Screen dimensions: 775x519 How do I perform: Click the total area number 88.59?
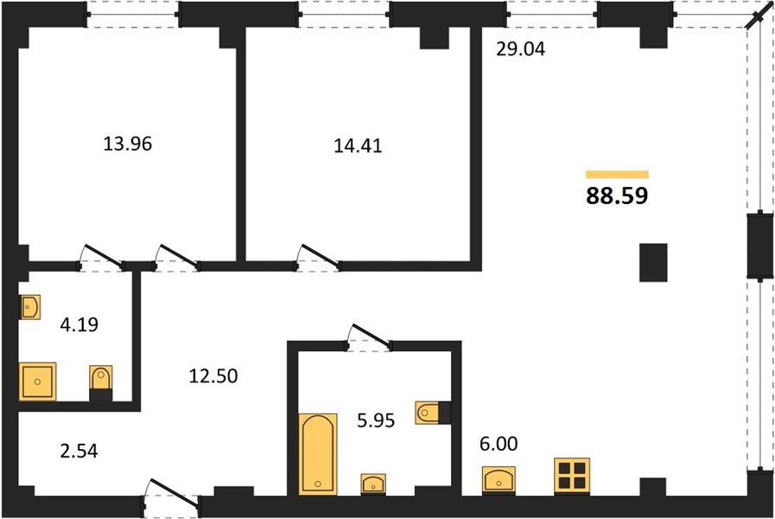click(617, 195)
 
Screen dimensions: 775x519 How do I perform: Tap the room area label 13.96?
click(128, 144)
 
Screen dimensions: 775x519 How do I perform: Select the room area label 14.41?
click(358, 146)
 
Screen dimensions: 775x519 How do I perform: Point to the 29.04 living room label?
click(520, 49)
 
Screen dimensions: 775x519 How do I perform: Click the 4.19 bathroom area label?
click(79, 324)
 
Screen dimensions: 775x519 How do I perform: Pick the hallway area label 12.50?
click(213, 376)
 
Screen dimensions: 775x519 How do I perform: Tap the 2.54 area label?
click(79, 452)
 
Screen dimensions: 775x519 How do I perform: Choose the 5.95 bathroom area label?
click(376, 420)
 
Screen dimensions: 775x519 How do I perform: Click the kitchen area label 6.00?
click(499, 444)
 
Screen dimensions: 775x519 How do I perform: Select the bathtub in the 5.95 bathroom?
click(318, 453)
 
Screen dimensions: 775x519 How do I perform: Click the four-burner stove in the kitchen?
click(572, 476)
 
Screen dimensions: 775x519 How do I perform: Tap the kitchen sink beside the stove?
click(499, 480)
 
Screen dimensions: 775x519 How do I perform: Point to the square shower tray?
click(37, 381)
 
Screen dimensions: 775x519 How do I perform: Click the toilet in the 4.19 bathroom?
click(101, 383)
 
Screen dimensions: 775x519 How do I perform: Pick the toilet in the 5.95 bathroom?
click(434, 413)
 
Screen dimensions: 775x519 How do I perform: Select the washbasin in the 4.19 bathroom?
click(29, 307)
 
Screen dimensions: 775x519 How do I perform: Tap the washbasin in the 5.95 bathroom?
click(373, 484)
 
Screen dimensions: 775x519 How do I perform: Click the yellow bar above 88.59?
click(617, 174)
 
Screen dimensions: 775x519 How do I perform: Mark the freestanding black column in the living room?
click(653, 263)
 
